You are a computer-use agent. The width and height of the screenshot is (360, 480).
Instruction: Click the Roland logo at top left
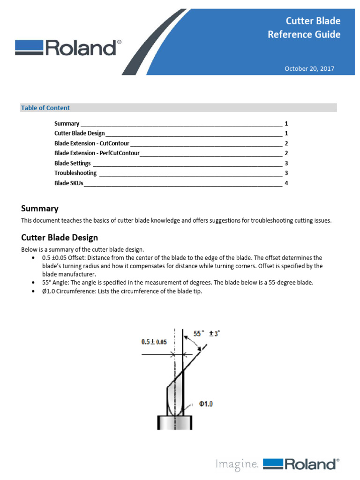click(68, 48)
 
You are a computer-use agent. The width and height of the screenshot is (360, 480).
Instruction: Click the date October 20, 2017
click(309, 69)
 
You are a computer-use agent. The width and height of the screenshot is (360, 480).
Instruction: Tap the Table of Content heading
click(45, 108)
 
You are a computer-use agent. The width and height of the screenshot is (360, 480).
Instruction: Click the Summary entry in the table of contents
click(67, 124)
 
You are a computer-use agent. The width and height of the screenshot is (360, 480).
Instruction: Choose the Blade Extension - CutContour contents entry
click(92, 143)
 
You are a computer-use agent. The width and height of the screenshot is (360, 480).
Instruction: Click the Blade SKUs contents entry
click(69, 183)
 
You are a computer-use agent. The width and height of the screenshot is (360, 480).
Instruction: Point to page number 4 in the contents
click(286, 183)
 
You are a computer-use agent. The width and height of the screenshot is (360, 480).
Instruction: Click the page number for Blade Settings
click(286, 163)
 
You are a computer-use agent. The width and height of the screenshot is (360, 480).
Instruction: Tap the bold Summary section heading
click(40, 209)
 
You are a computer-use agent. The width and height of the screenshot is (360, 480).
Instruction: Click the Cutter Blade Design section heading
click(60, 238)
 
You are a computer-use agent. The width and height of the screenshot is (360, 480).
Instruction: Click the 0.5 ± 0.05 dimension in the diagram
click(154, 342)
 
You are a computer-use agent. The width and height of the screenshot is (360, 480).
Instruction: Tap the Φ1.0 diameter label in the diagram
click(206, 404)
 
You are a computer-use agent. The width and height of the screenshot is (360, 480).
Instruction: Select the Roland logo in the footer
click(300, 464)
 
